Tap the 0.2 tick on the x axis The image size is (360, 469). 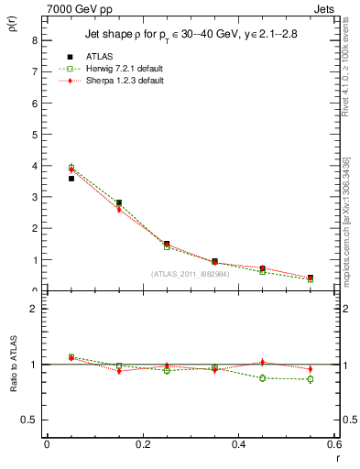click(143, 445)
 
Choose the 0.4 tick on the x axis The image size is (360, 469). click(238, 445)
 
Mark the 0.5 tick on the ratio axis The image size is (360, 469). click(30, 420)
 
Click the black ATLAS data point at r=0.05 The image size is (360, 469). click(71, 179)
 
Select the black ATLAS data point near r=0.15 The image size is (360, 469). click(119, 202)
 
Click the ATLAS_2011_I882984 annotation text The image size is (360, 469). click(191, 274)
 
